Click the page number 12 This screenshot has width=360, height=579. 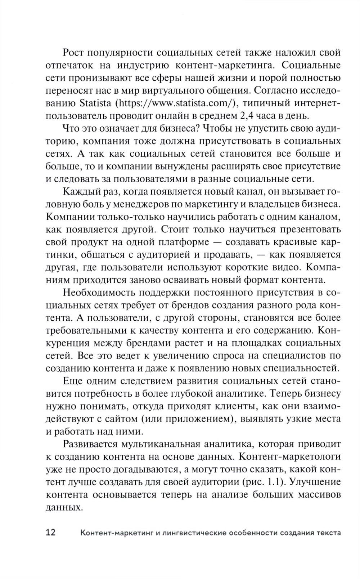51,532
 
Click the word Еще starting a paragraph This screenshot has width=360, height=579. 73,382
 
